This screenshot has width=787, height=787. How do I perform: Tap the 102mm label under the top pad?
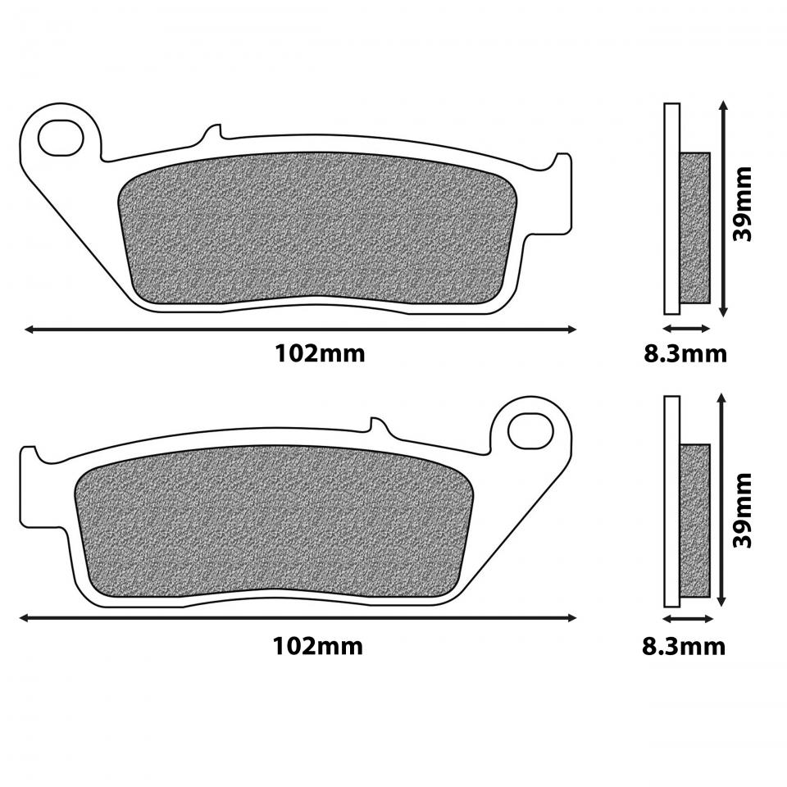point(320,354)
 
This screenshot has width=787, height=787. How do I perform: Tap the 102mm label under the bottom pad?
point(317,646)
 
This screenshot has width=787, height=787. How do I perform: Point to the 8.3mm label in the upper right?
point(685,354)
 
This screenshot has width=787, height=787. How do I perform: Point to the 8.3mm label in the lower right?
point(684,646)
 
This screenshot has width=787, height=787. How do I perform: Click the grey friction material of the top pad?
point(320,230)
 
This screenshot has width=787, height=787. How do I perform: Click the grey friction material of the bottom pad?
point(275,521)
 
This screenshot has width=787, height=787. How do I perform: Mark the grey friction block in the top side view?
point(695,227)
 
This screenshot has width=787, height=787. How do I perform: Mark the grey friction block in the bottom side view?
point(694,520)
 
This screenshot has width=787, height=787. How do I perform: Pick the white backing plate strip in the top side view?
point(672,208)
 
